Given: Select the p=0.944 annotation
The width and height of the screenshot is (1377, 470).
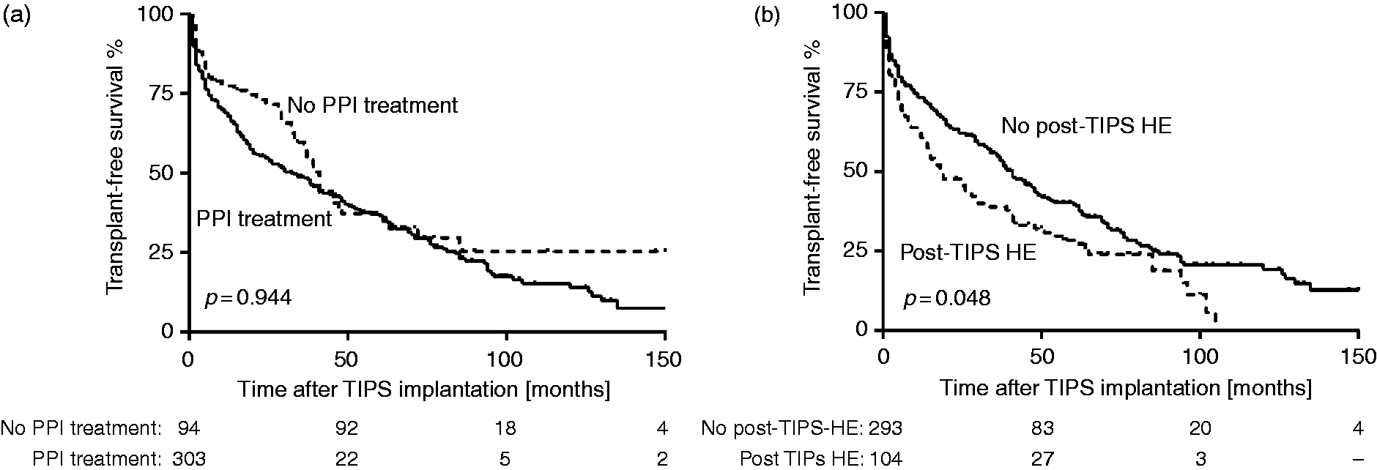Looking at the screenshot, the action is pyautogui.click(x=248, y=298).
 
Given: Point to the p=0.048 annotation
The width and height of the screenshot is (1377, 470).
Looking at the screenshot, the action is pyautogui.click(x=946, y=298).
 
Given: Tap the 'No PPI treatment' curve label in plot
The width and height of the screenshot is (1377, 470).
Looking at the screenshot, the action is pyautogui.click(x=372, y=105).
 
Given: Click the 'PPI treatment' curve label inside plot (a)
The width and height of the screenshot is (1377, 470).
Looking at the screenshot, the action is pyautogui.click(x=264, y=218).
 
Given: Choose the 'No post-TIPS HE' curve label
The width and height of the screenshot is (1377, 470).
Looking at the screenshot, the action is pyautogui.click(x=1087, y=126).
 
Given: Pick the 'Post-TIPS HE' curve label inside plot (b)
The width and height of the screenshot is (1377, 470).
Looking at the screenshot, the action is pyautogui.click(x=968, y=253).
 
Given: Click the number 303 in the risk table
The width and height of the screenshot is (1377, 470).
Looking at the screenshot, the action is pyautogui.click(x=189, y=459).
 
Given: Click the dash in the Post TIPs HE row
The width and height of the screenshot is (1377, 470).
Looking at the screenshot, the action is pyautogui.click(x=1358, y=460).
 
